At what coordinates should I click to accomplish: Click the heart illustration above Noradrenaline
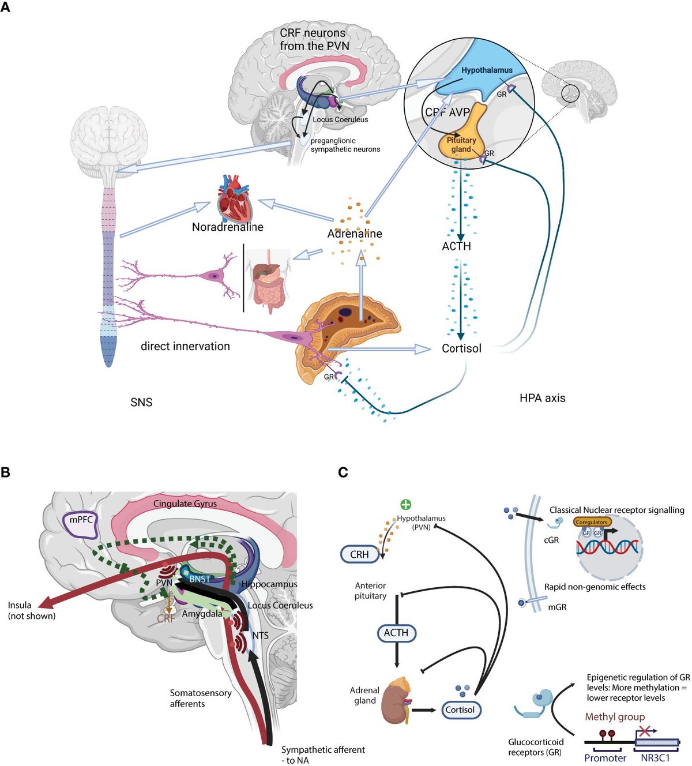pyautogui.click(x=234, y=199)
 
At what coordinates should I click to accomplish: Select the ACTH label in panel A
pyautogui.click(x=456, y=246)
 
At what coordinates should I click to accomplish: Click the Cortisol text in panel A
pyautogui.click(x=461, y=348)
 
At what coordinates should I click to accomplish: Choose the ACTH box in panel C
pyautogui.click(x=396, y=633)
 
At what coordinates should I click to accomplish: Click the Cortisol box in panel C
pyautogui.click(x=460, y=709)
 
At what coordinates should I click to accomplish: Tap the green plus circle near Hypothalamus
pyautogui.click(x=406, y=505)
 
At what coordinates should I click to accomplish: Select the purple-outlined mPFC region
pyautogui.click(x=81, y=524)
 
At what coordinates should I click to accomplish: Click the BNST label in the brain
pyautogui.click(x=200, y=579)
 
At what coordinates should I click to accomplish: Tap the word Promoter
pyautogui.click(x=605, y=758)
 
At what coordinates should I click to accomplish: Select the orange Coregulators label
pyautogui.click(x=592, y=522)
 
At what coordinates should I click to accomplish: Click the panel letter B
pyautogui.click(x=5, y=472)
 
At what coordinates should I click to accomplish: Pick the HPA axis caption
pyautogui.click(x=542, y=398)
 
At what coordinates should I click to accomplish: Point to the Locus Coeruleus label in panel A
pyautogui.click(x=340, y=119)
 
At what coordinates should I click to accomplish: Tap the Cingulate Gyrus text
pyautogui.click(x=185, y=504)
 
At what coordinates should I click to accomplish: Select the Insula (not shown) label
pyautogui.click(x=32, y=610)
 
